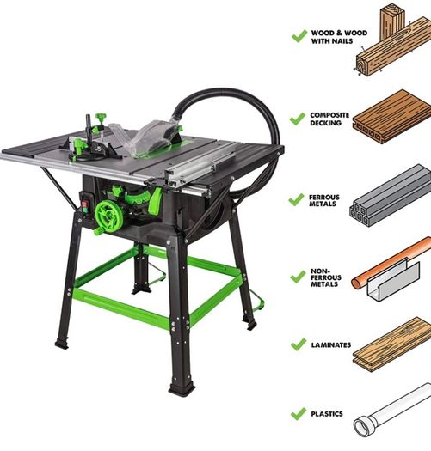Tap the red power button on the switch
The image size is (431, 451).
pyautogui.click(x=84, y=204)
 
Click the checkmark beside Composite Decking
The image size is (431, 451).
pyautogui.click(x=298, y=119)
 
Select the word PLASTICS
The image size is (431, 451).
pyautogui.click(x=327, y=414)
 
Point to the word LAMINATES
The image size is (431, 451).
pyautogui.click(x=330, y=344)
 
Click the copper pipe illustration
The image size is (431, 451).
pyautogui.click(x=391, y=263)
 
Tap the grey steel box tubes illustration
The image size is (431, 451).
pyautogui.click(x=391, y=196)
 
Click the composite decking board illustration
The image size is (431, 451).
pyautogui.click(x=391, y=116)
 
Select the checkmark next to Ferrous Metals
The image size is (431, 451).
pyautogui.click(x=296, y=199)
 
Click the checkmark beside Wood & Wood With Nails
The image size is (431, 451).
pyautogui.click(x=299, y=36)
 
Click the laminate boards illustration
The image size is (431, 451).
pyautogui.click(x=391, y=344)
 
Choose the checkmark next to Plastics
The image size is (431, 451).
pyautogui.click(x=299, y=414)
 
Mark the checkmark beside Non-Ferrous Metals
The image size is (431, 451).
pyautogui.click(x=298, y=277)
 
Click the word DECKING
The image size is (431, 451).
pyautogui.click(x=325, y=123)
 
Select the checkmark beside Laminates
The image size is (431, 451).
pyautogui.click(x=299, y=344)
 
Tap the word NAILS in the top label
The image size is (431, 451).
pyautogui.click(x=343, y=41)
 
